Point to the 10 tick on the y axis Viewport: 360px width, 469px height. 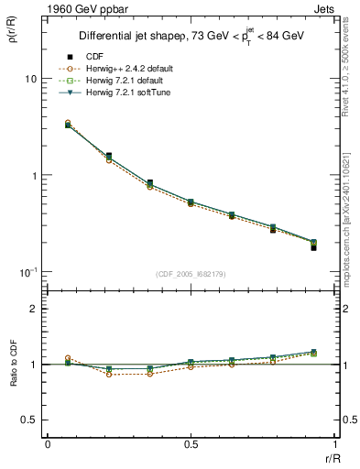(x=30, y=79)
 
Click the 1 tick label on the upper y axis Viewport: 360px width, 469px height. (x=33, y=176)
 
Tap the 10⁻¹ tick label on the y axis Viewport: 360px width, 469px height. (x=28, y=272)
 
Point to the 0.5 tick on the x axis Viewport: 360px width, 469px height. (x=191, y=443)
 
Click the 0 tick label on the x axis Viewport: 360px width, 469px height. (x=48, y=443)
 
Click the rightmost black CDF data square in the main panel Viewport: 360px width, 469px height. (x=313, y=248)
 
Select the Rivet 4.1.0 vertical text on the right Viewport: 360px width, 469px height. (x=350, y=64)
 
